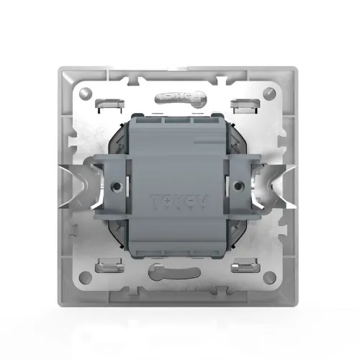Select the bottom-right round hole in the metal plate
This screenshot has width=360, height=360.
point(269,276)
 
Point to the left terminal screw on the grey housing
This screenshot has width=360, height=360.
point(116,185)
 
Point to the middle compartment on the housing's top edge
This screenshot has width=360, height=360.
point(178,122)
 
